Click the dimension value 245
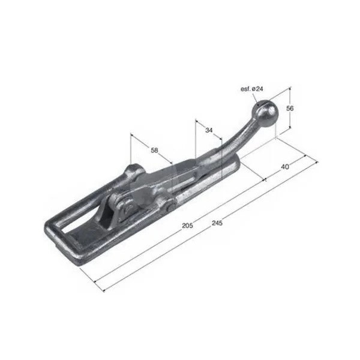[217, 223]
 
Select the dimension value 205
[187, 226]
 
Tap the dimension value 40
[285, 167]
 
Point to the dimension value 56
[290, 108]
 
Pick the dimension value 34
[209, 130]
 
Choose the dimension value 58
[155, 150]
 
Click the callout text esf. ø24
[251, 89]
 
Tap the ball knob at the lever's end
[263, 113]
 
